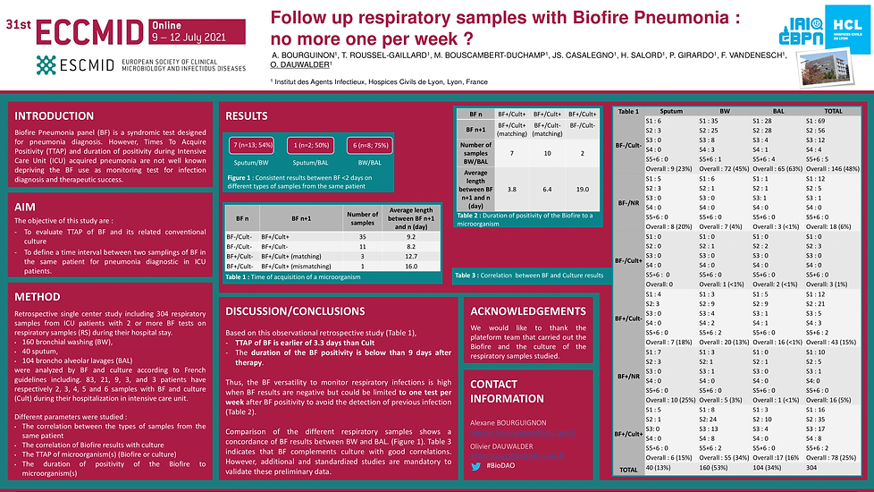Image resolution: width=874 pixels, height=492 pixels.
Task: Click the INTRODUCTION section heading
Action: (54, 116)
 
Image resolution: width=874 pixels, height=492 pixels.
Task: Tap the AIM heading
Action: (25, 207)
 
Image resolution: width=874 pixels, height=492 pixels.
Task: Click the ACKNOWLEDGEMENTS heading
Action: (529, 311)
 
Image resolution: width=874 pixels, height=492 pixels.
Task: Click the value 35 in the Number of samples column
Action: (362, 234)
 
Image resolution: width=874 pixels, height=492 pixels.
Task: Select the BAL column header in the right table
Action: (762, 112)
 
